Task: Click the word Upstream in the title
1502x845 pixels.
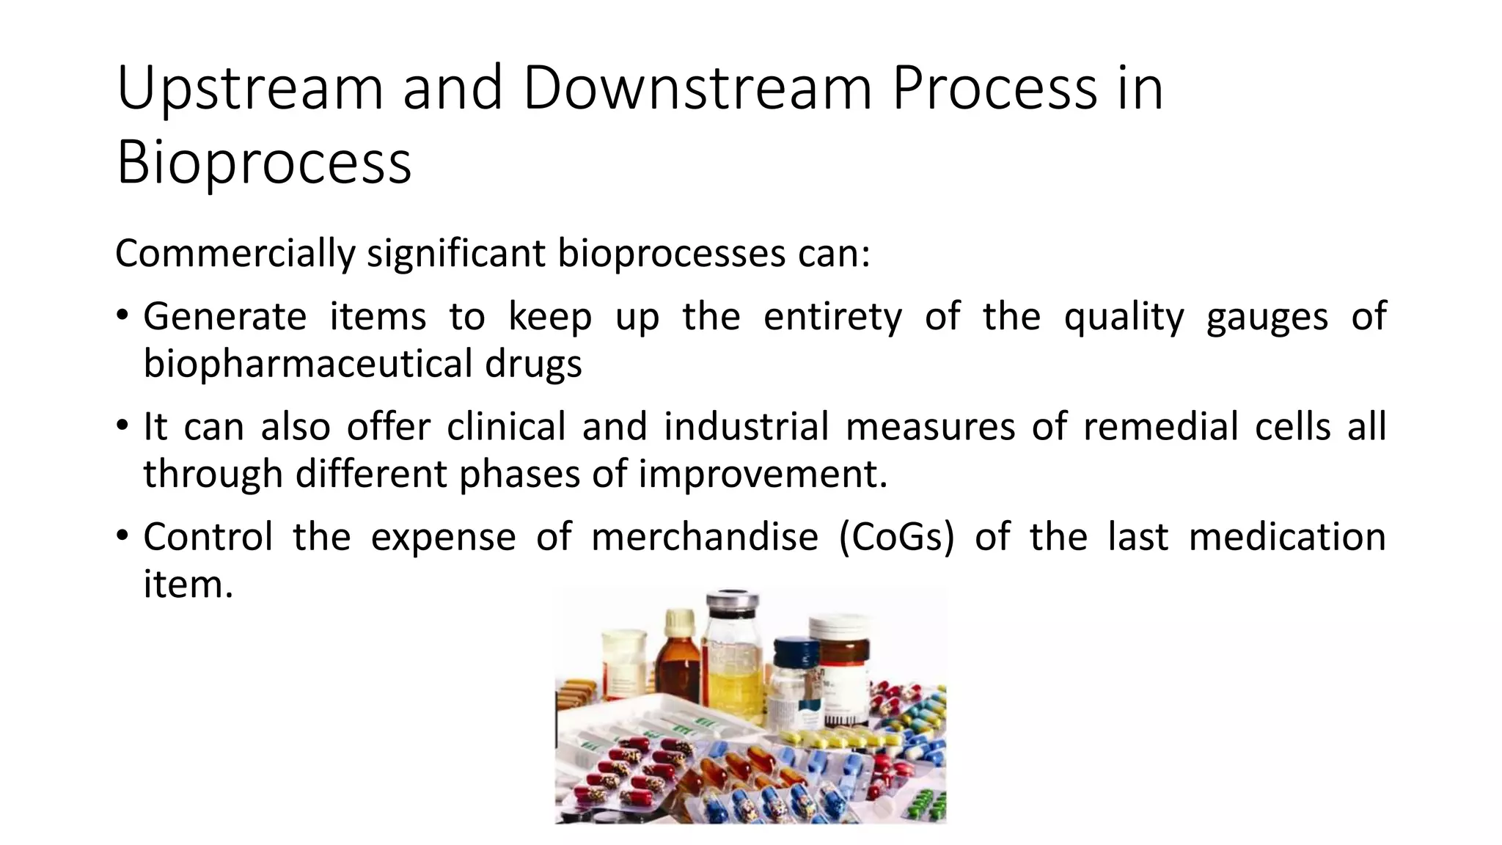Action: pos(249,89)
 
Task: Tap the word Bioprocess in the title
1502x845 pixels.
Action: pos(264,163)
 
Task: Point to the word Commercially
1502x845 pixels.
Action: pos(235,254)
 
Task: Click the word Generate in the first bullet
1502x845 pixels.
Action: pos(224,317)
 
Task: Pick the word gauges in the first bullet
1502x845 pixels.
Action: pos(1267,317)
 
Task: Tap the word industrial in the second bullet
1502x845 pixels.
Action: pos(746,427)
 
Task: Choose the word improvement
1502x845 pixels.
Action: pos(763,474)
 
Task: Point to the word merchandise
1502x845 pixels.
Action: pos(704,537)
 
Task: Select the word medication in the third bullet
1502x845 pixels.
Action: pos(1287,537)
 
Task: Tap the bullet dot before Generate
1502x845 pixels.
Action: pos(122,316)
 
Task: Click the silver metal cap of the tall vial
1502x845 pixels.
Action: pos(732,602)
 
